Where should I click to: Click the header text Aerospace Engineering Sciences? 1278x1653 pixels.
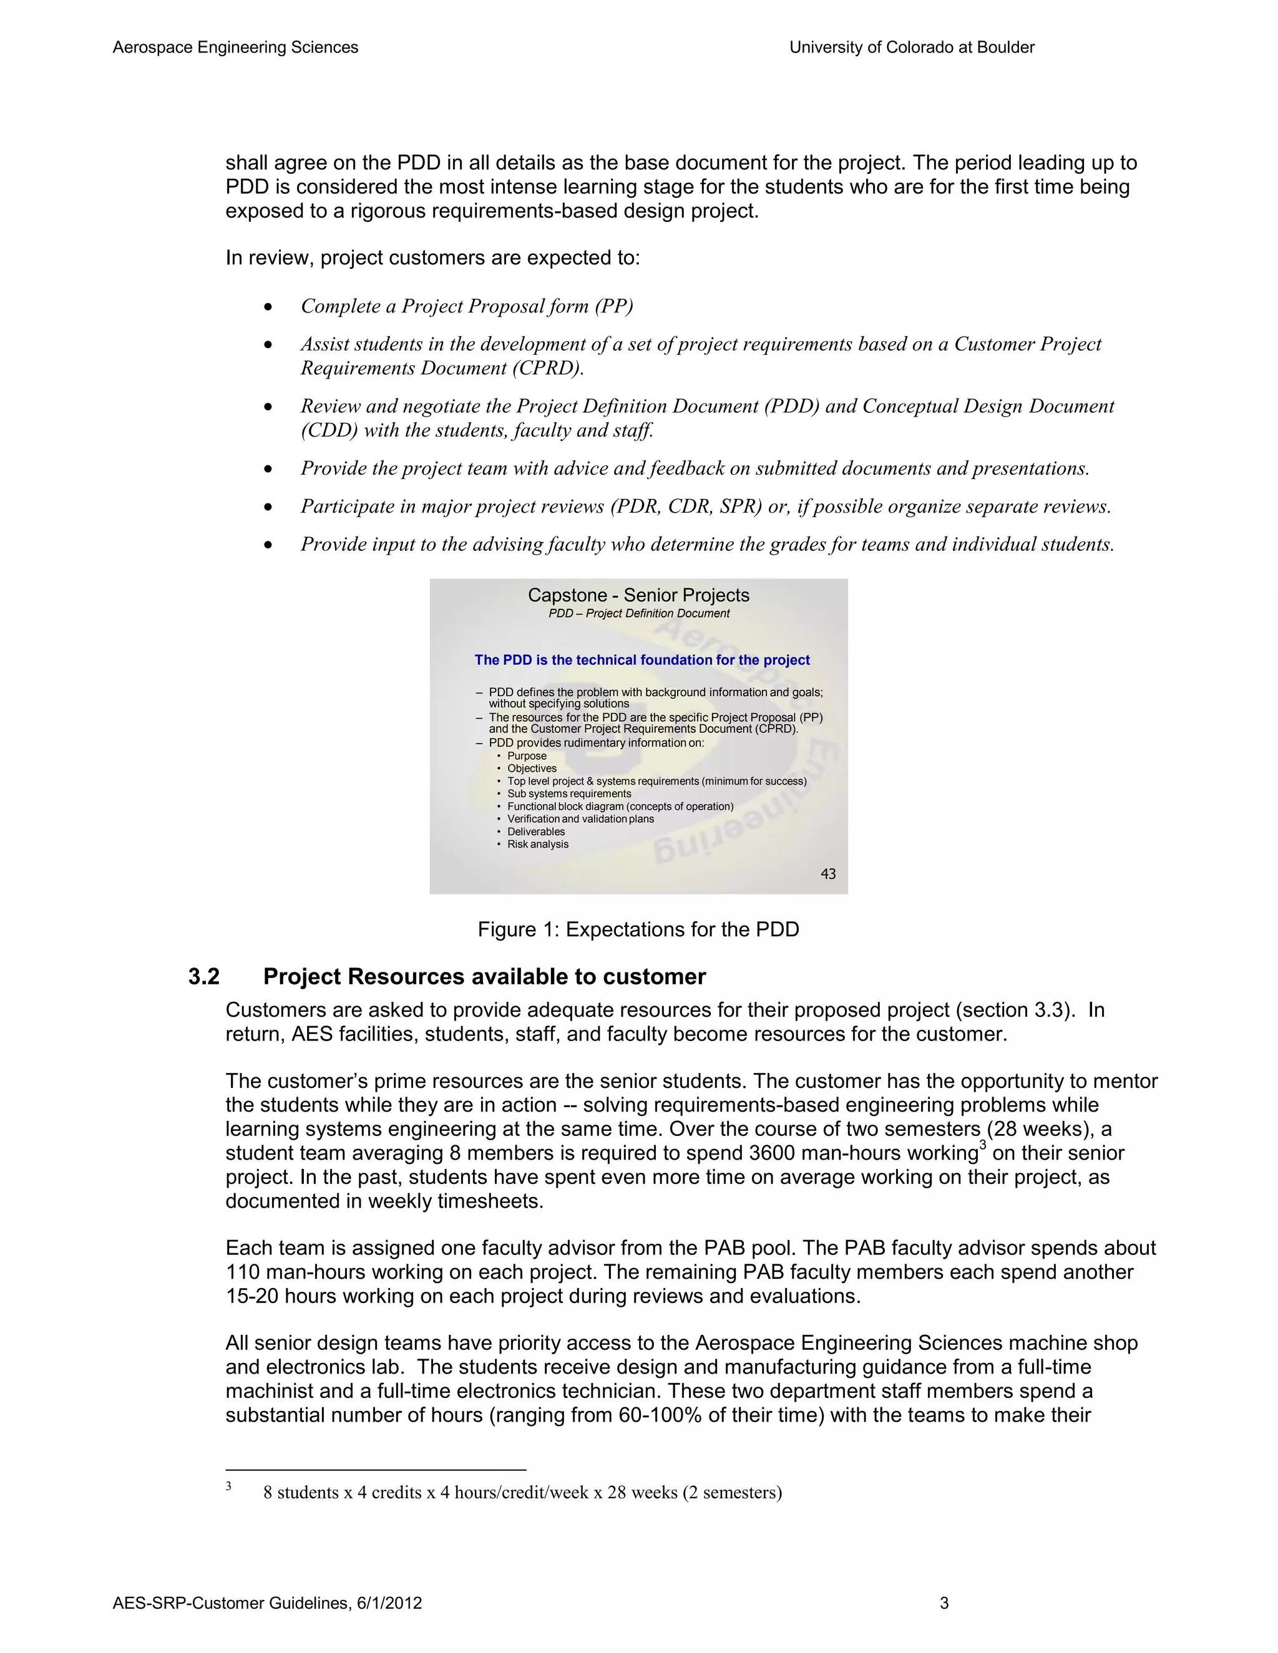click(235, 47)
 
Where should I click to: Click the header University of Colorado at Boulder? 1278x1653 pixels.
click(912, 47)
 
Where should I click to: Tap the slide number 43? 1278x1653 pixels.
click(827, 874)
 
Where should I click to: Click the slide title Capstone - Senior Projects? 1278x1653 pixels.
click(638, 596)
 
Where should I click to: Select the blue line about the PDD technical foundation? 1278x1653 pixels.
click(641, 660)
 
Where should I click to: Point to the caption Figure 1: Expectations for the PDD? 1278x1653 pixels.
click(638, 929)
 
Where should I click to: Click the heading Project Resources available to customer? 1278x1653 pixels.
click(484, 977)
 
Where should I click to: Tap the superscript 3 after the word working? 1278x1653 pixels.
click(983, 1145)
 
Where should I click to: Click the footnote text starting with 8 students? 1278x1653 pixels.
click(522, 1492)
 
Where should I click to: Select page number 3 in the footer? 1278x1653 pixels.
click(944, 1603)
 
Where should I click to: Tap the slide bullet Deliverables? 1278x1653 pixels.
click(535, 831)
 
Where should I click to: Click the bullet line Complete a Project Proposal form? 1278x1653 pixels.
click(466, 306)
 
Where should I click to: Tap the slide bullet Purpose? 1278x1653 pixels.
click(526, 756)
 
